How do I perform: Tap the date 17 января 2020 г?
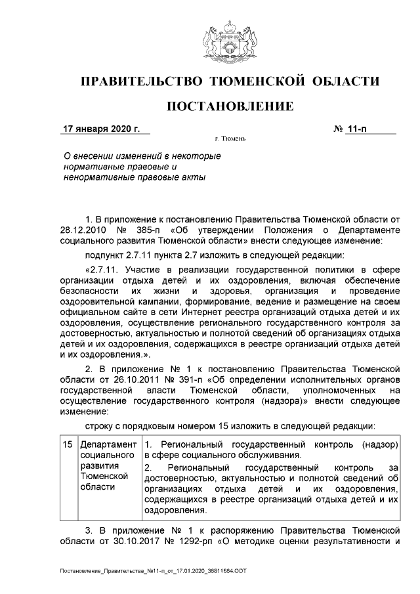101,129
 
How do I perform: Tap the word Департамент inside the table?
108,444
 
